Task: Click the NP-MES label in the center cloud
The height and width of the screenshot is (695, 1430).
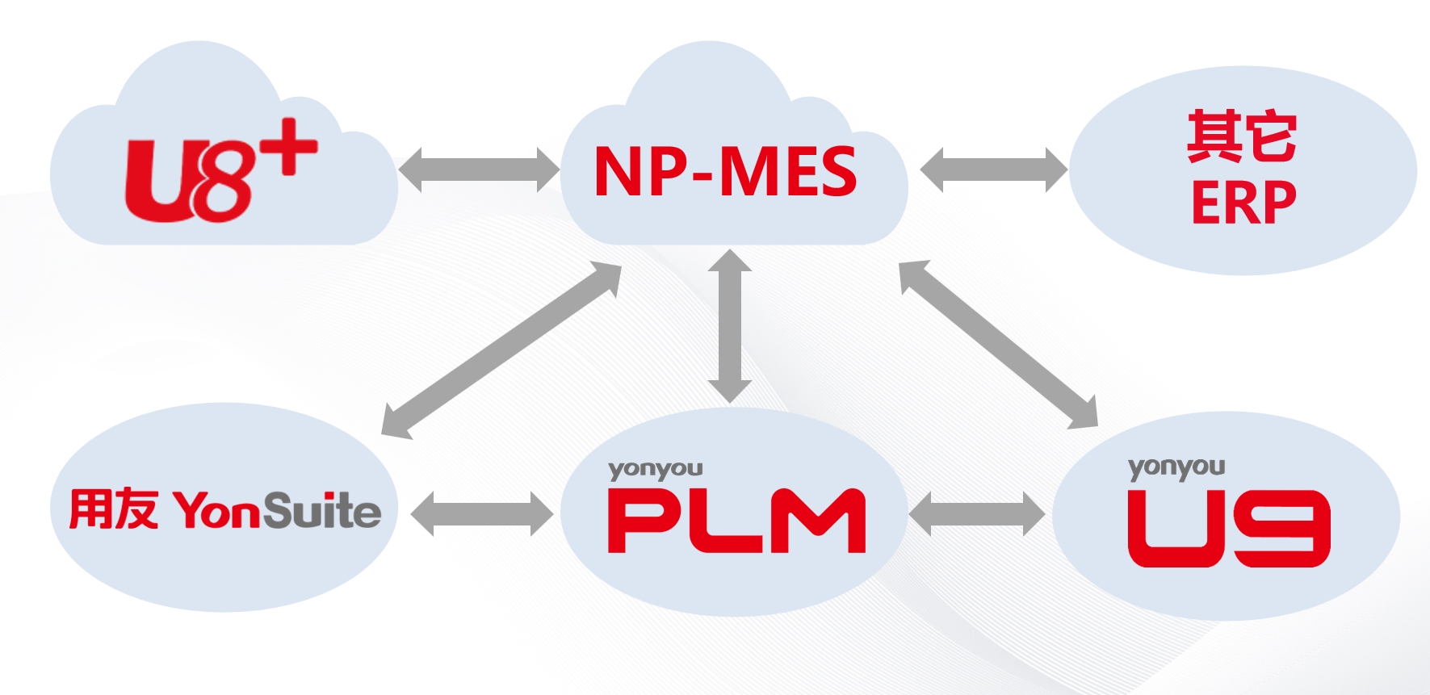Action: (x=725, y=171)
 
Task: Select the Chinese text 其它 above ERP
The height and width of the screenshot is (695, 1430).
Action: (x=1242, y=136)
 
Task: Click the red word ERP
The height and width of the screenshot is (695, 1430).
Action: (x=1243, y=203)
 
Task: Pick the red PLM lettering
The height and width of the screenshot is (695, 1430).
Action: (x=736, y=521)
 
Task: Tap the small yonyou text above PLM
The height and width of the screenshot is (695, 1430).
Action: (x=655, y=470)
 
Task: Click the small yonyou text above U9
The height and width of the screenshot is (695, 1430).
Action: (x=1176, y=468)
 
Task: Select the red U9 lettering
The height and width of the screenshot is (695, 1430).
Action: (x=1228, y=529)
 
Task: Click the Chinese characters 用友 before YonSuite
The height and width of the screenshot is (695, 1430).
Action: (x=113, y=509)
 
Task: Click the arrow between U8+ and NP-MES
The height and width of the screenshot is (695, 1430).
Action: (x=479, y=170)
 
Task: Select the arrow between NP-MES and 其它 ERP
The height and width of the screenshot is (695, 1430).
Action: (x=993, y=170)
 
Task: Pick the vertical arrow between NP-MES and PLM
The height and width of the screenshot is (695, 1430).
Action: (x=730, y=325)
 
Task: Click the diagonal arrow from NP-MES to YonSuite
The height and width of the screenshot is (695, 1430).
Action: (x=501, y=350)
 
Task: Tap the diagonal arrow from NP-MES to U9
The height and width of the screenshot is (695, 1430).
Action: (x=998, y=344)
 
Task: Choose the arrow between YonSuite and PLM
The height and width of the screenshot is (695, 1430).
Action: (x=482, y=513)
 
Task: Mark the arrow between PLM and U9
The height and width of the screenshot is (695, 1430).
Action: (x=977, y=513)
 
